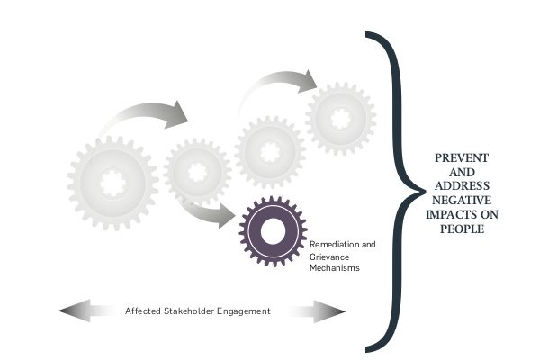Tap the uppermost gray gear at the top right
[x=340, y=114]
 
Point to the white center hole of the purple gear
[x=274, y=231]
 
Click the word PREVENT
[x=461, y=157]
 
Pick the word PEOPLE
[x=461, y=229]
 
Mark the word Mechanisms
[x=333, y=267]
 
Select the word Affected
[x=143, y=311]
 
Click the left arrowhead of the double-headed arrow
[x=67, y=311]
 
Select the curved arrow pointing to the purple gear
[x=211, y=212]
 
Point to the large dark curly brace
[x=391, y=189]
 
